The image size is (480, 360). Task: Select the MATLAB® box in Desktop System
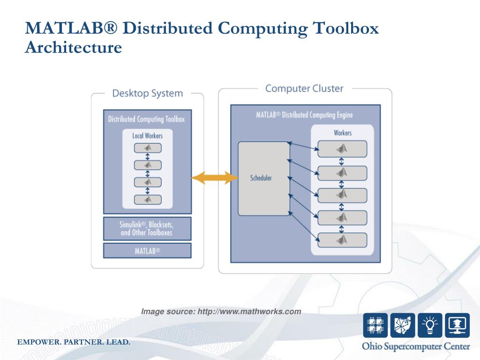point(147,250)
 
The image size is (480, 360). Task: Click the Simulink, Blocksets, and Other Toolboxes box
point(147,228)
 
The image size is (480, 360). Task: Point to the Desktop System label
point(147,93)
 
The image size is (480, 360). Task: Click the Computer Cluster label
point(304,88)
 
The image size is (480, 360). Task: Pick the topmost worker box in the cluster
point(342,149)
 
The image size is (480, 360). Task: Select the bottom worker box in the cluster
point(342,240)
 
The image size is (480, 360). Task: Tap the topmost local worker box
point(148,148)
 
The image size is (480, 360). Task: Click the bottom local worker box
point(148,200)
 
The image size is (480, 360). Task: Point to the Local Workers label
point(147,135)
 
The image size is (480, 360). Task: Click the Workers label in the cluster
point(343,133)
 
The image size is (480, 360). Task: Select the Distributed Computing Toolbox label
point(146,119)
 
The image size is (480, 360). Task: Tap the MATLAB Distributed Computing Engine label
point(304,115)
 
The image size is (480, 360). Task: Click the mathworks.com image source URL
point(249,311)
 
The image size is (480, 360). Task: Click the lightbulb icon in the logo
point(430,325)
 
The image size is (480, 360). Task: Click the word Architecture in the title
point(73,47)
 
